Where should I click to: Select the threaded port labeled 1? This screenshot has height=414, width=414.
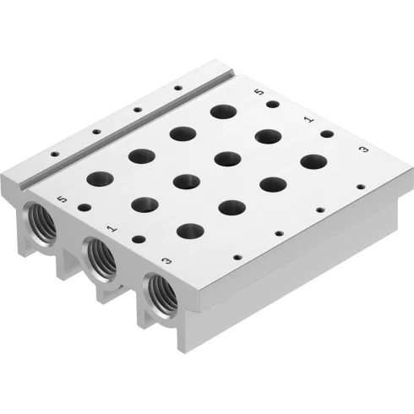[x=100, y=256]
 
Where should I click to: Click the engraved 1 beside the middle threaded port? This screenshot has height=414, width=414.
[x=112, y=228]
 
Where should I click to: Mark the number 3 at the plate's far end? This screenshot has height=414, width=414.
[x=362, y=150]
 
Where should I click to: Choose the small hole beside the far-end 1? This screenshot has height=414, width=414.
[x=326, y=133]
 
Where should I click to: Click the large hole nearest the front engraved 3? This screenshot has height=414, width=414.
[x=191, y=231]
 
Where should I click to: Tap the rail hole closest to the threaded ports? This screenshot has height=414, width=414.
[x=54, y=155]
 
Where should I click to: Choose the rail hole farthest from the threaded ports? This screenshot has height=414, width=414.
[x=178, y=88]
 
